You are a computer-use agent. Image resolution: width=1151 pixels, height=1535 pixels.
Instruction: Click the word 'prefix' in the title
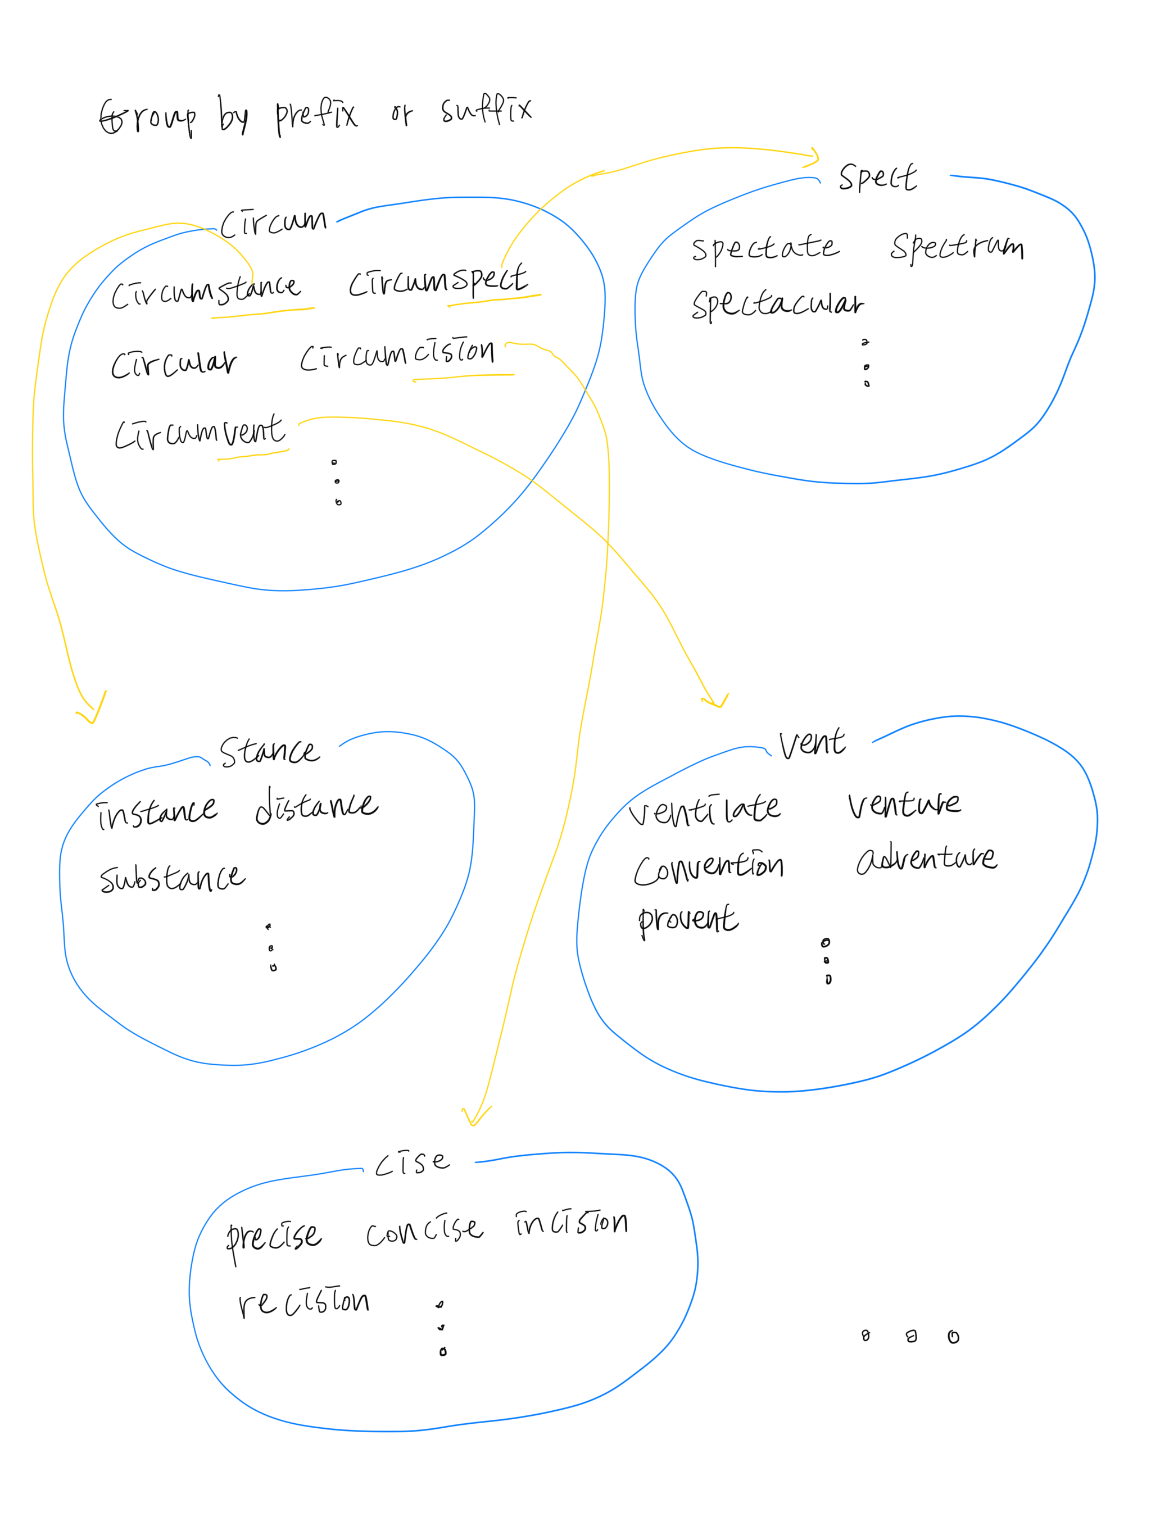(316, 116)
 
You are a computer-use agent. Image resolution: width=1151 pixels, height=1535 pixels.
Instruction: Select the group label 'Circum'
(273, 222)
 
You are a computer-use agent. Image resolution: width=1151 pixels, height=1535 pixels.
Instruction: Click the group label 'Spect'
(877, 178)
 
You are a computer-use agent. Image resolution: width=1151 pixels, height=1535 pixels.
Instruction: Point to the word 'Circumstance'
(206, 292)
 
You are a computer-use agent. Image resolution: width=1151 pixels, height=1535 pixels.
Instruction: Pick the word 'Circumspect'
(437, 281)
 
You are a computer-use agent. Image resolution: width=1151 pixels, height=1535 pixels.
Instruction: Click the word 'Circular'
(174, 363)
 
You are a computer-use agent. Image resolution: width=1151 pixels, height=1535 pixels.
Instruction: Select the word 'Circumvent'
(200, 434)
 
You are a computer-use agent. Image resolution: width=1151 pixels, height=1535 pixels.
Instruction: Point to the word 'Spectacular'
(777, 304)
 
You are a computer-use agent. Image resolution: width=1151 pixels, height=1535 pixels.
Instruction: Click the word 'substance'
(172, 878)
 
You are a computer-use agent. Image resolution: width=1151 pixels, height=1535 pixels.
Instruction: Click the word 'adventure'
(926, 859)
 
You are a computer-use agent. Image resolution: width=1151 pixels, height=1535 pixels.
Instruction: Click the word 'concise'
(423, 1230)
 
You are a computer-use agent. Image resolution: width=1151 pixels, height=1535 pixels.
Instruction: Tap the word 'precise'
(274, 1237)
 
